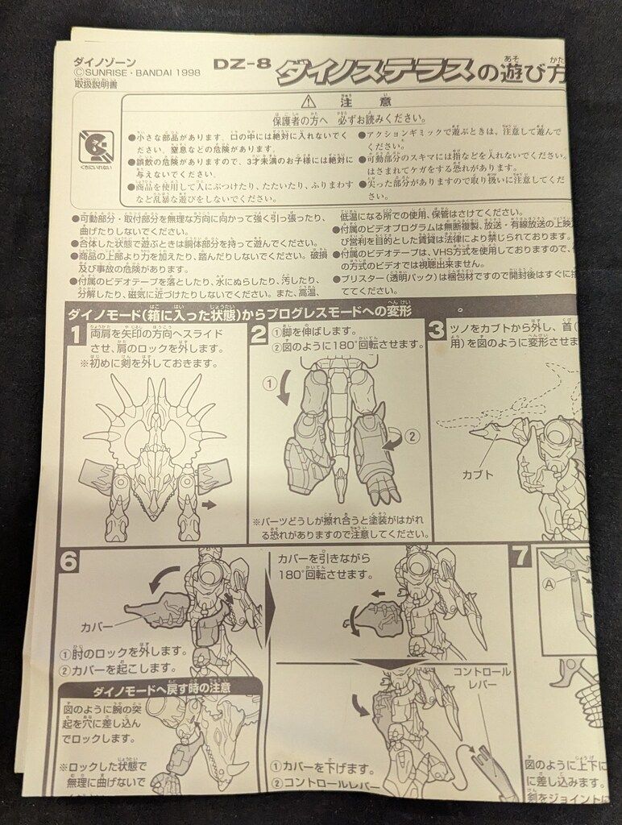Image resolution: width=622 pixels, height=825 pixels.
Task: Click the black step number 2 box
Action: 259,332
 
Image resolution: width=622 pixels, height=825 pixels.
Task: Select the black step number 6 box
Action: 69,560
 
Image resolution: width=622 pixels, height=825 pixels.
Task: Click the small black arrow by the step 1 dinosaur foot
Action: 209,505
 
